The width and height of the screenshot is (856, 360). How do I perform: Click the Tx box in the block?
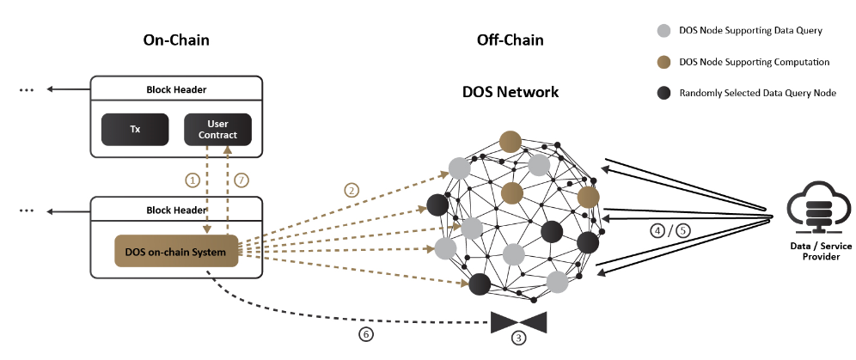tap(134, 130)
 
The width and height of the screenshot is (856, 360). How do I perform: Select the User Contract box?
tap(217, 130)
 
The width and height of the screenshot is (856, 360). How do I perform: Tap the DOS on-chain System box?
tap(175, 252)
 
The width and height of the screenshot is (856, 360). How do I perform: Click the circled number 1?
tap(193, 181)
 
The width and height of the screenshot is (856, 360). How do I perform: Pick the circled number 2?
tap(351, 190)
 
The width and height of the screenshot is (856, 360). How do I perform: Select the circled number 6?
tap(366, 334)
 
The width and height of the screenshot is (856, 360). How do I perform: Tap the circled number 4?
tap(657, 230)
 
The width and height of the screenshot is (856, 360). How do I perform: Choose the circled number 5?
tap(682, 230)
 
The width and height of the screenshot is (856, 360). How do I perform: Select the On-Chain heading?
tap(176, 40)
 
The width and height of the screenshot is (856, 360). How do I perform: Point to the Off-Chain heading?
tap(510, 40)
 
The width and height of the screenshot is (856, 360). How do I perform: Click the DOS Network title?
tap(511, 92)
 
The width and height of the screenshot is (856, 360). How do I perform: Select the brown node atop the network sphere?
tap(511, 141)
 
